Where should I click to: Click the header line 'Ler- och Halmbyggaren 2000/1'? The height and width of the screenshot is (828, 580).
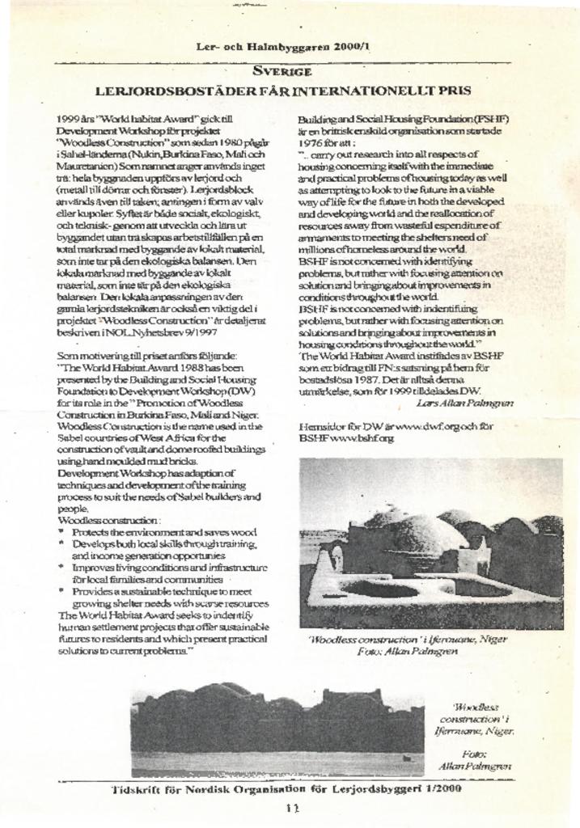282,47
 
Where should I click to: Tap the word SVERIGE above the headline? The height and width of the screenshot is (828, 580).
282,70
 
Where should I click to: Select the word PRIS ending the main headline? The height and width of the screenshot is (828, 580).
452,91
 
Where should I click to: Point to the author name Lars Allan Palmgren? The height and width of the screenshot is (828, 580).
464,402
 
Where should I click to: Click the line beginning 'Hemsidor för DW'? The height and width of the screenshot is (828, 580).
396,425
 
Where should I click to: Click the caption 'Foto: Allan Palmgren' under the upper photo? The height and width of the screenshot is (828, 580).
408,651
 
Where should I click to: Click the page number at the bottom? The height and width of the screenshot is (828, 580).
292,808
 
